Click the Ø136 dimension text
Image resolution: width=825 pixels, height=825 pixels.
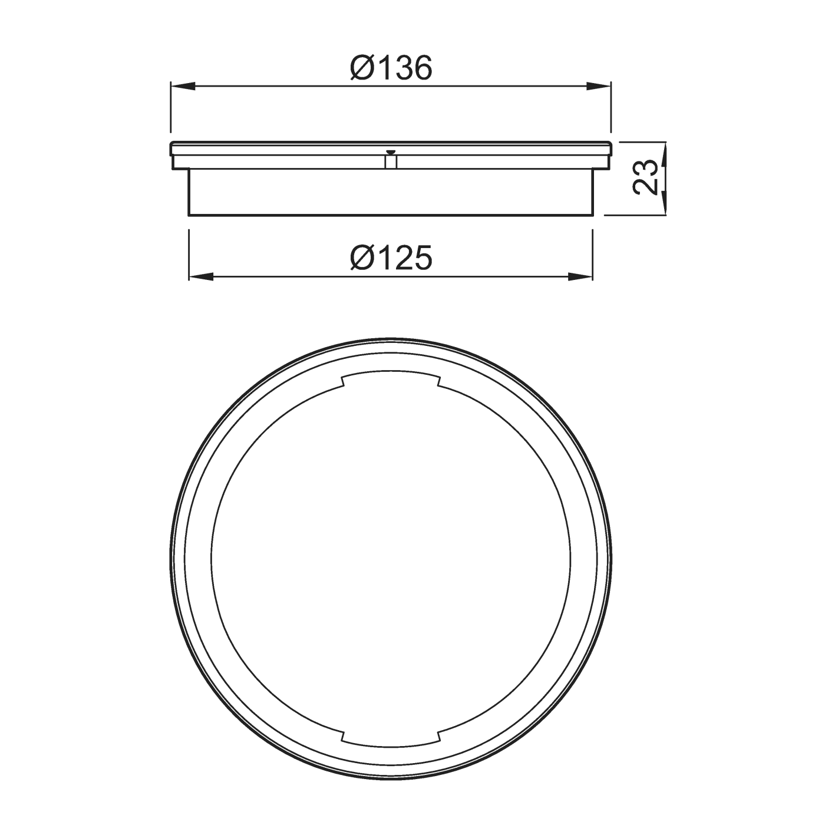[391, 68]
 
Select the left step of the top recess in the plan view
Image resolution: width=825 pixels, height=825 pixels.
[343, 381]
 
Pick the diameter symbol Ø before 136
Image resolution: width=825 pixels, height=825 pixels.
[362, 68]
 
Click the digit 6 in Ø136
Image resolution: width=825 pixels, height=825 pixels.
[422, 68]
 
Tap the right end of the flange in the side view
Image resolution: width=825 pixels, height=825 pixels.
[609, 155]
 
